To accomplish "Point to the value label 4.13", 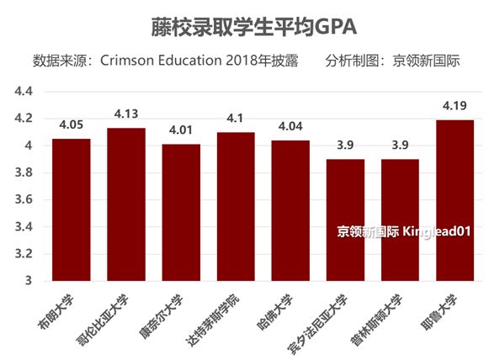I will (126, 114).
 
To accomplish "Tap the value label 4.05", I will (71, 124).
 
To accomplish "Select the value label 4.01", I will (181, 130).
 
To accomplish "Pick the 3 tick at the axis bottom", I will (27, 280).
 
